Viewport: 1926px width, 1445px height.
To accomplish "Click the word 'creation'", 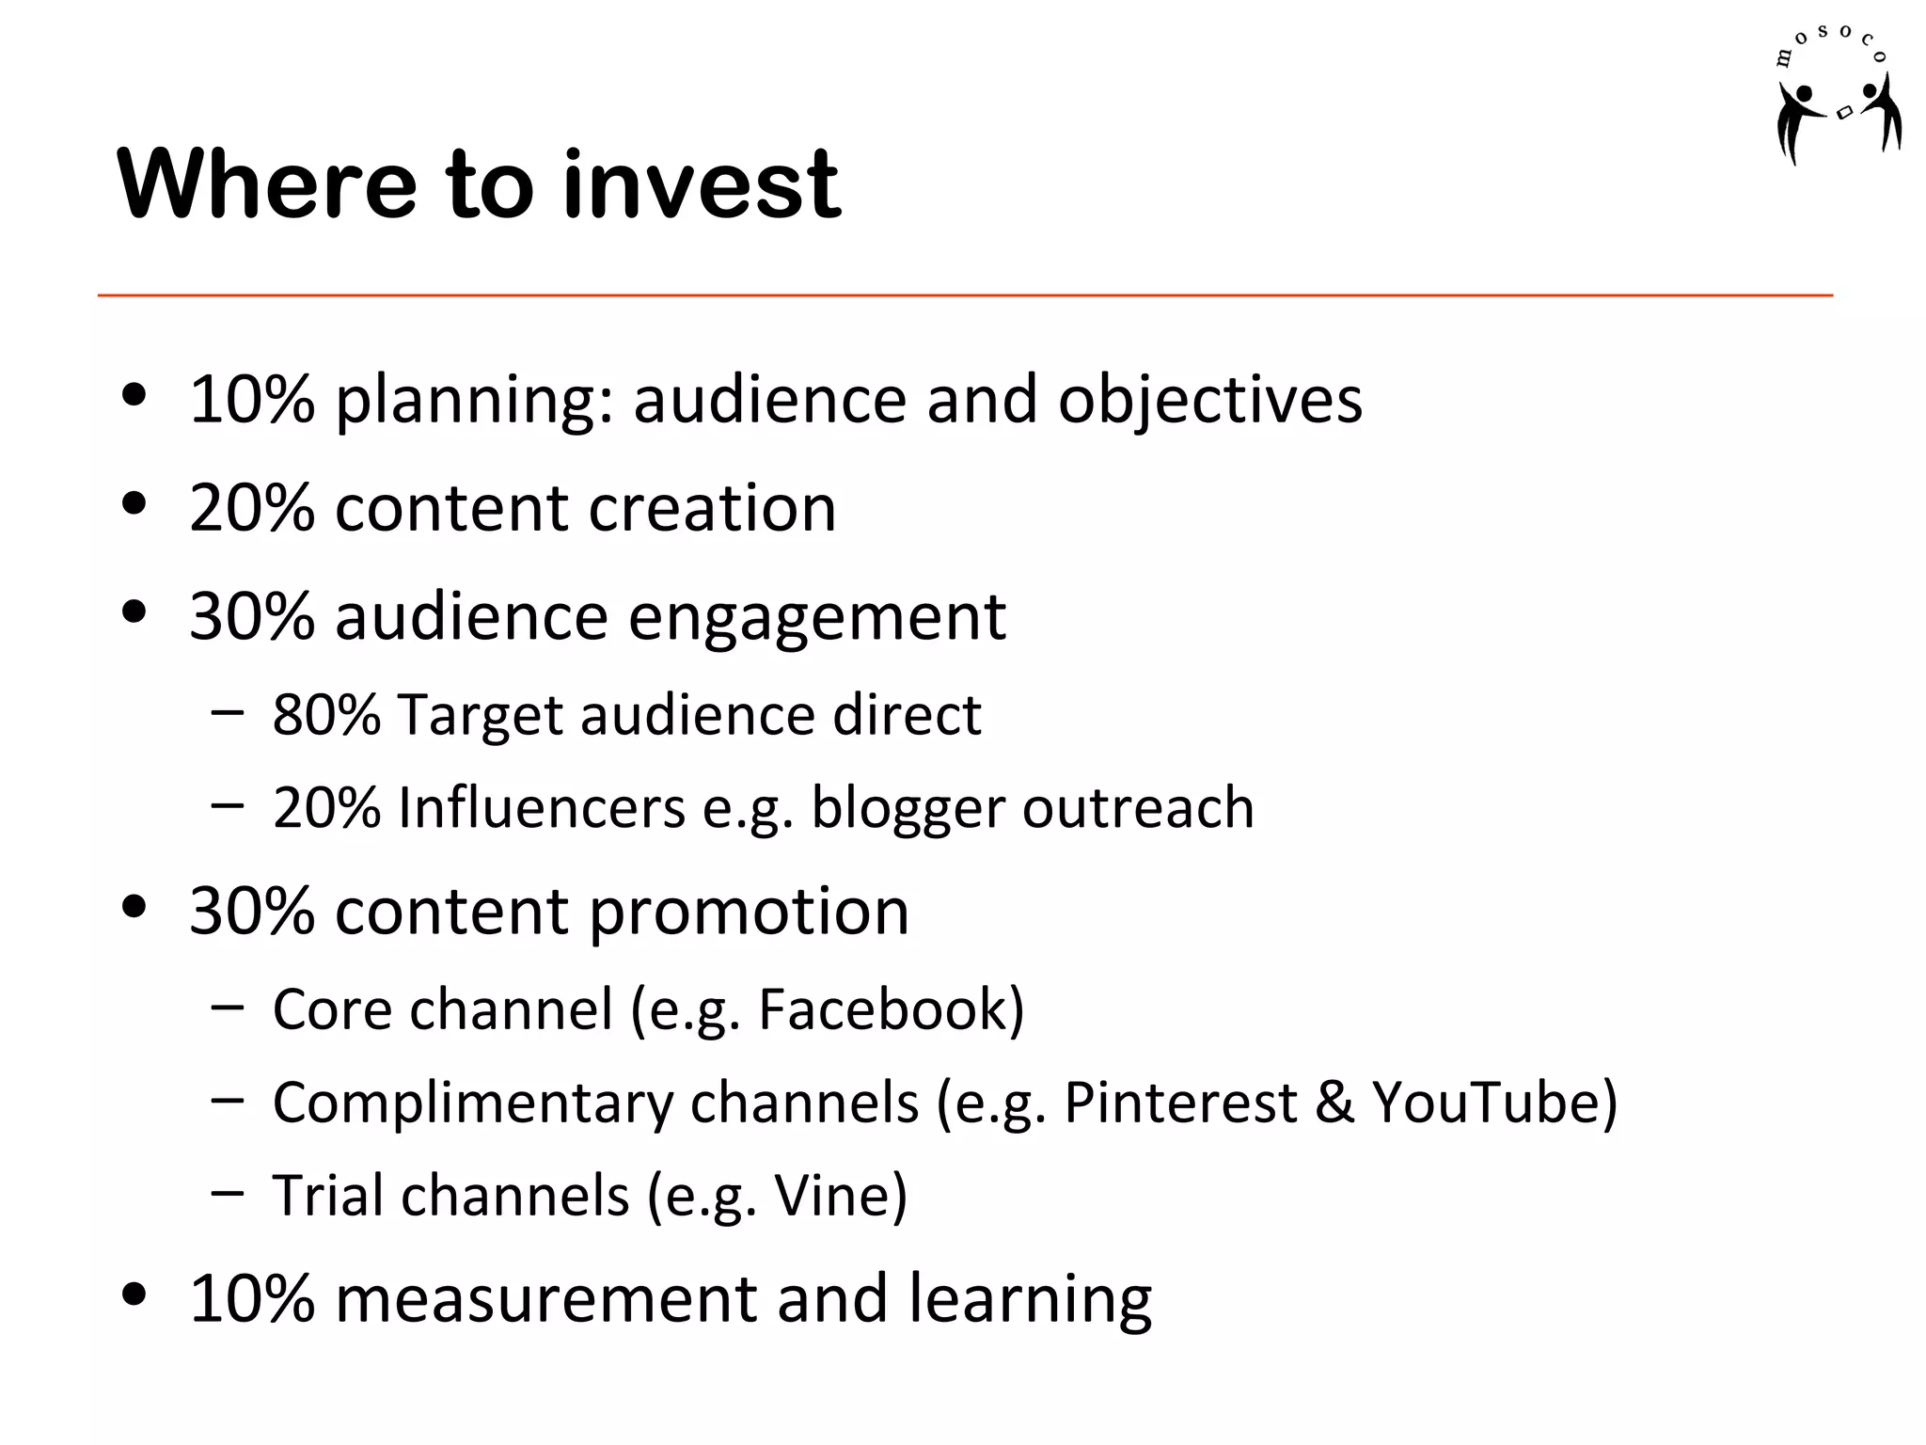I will tap(712, 508).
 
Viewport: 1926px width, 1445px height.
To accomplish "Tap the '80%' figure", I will tap(326, 715).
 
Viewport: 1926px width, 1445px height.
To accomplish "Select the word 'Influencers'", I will tap(542, 808).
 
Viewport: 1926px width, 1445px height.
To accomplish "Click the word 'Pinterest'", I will tap(1180, 1103).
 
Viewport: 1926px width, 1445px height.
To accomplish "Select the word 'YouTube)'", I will tap(1494, 1103).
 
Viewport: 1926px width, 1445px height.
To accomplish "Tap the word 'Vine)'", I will tap(841, 1196).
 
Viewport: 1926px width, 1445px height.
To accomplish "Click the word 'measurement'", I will tap(545, 1299).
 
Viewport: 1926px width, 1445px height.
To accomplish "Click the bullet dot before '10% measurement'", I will tap(134, 1294).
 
